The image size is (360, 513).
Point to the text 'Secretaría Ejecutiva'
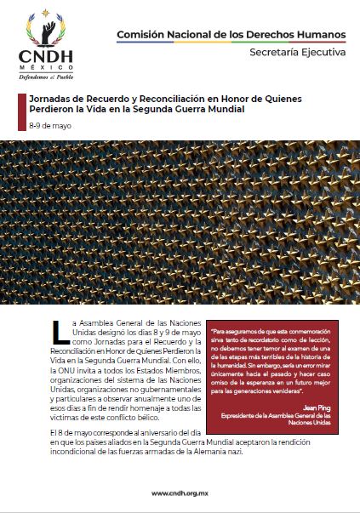(x=298, y=52)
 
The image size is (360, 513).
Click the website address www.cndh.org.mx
(x=180, y=493)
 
